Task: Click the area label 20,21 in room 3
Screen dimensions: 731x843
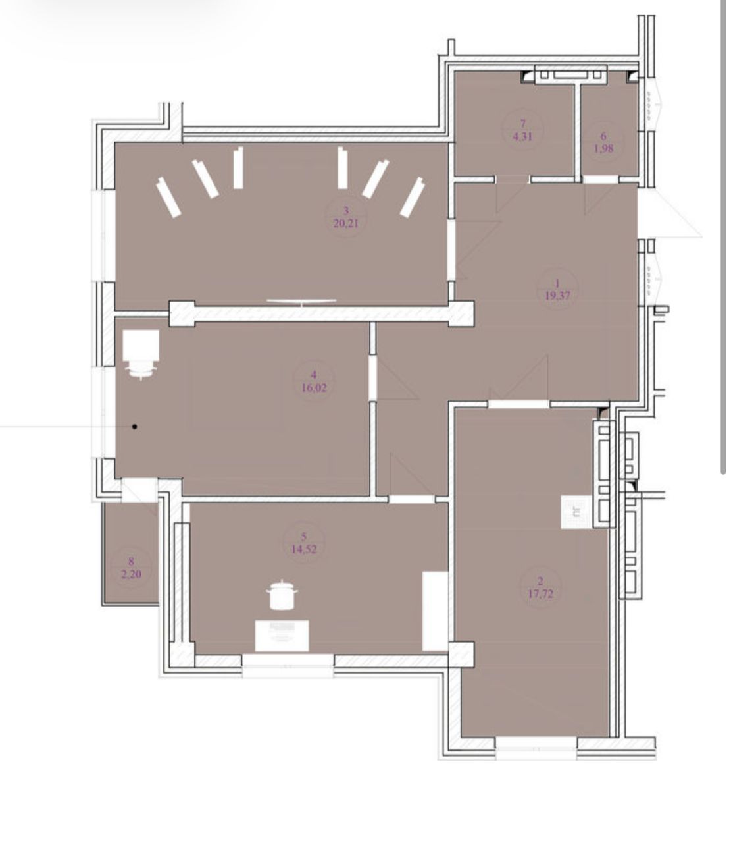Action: tap(345, 224)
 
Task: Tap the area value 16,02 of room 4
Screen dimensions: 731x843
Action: tap(314, 388)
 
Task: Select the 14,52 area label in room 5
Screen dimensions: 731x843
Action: tap(304, 549)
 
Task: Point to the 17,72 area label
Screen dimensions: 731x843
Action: tap(540, 594)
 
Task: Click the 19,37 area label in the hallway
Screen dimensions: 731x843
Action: tap(557, 296)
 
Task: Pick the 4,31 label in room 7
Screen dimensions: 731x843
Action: tap(522, 136)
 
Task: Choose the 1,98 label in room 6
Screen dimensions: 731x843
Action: tap(603, 148)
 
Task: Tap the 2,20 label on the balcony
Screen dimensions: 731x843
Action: tap(131, 574)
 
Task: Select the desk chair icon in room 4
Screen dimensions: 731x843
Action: tap(141, 354)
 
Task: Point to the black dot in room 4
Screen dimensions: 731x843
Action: tap(135, 427)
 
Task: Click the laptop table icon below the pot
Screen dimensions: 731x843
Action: tap(282, 636)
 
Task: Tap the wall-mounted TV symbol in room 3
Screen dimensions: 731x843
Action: tap(301, 302)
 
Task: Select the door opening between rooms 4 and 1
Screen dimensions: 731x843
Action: tap(373, 377)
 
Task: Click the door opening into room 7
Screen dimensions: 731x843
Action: tap(513, 180)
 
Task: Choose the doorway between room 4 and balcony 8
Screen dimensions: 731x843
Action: tap(139, 490)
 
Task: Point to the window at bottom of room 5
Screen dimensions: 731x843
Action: tap(288, 666)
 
